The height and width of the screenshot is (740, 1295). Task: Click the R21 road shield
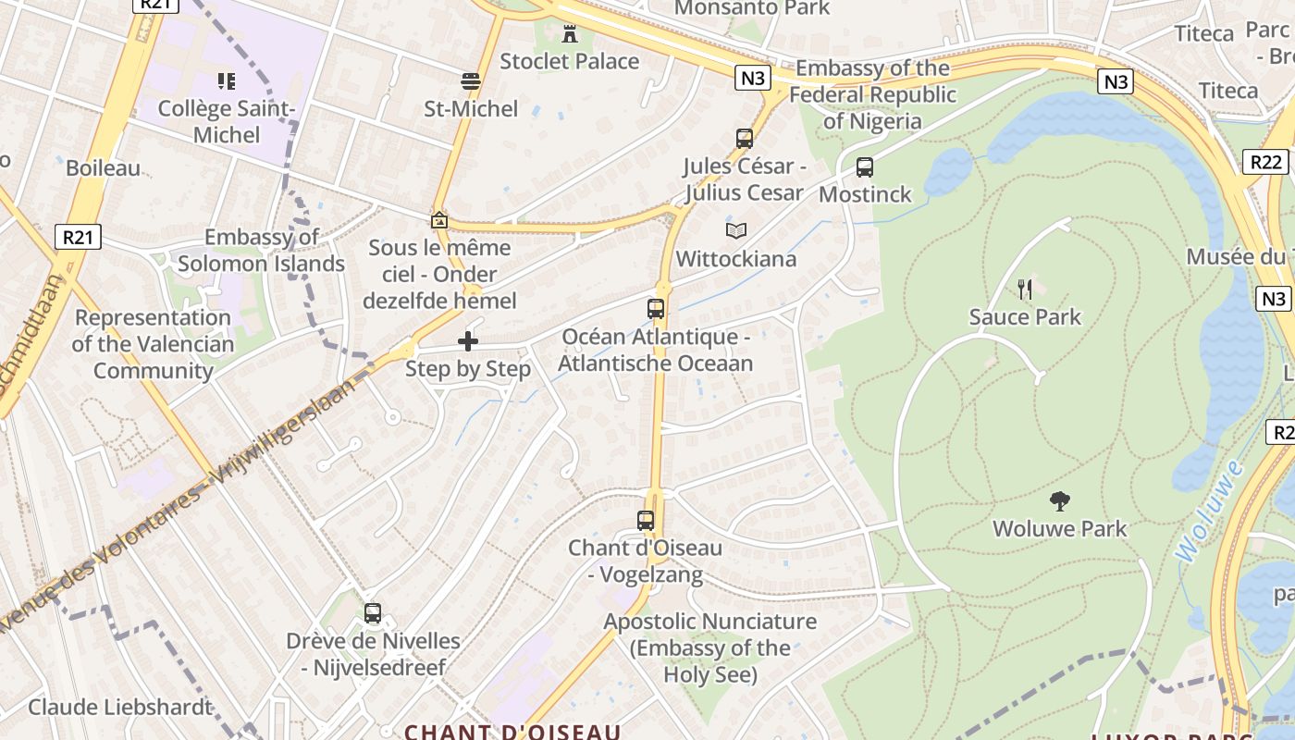coord(79,237)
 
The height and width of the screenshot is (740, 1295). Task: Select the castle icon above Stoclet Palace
coord(569,34)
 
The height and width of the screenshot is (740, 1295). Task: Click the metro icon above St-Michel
coord(471,81)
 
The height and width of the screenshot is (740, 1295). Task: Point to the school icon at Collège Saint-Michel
coord(227,81)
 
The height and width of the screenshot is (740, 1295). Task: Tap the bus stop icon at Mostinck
coord(865,167)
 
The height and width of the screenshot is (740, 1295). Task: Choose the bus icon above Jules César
coord(745,139)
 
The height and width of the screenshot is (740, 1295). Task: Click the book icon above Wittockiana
coord(736,230)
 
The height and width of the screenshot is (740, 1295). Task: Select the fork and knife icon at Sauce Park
coord(1025,290)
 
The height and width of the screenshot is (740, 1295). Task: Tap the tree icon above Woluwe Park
coord(1060,501)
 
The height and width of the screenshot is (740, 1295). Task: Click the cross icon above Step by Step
coord(468,341)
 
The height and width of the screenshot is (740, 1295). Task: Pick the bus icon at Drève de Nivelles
coord(373,613)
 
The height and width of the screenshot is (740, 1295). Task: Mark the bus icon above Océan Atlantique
coord(656,309)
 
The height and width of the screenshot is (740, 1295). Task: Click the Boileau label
coord(104,168)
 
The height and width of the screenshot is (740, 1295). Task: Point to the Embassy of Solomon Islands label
coord(262,251)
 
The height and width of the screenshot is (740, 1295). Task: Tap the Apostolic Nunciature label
coord(710,647)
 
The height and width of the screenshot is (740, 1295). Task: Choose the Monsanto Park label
coord(752,8)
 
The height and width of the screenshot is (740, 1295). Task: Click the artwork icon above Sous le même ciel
coord(439,220)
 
